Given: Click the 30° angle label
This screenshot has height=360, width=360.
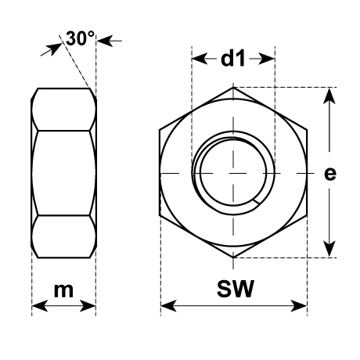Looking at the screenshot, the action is [x=80, y=38].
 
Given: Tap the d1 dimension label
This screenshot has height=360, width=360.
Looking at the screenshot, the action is [x=233, y=59].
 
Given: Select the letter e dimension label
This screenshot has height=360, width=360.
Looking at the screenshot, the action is [x=330, y=174].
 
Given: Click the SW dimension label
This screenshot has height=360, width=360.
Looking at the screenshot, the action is [x=236, y=289].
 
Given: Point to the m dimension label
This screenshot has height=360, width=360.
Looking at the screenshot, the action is [x=63, y=290].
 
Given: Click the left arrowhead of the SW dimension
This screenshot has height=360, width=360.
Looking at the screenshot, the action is [x=168, y=306].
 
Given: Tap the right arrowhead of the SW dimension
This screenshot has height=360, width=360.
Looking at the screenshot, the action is [x=299, y=306].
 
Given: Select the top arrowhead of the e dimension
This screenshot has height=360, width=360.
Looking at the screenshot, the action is [x=329, y=96].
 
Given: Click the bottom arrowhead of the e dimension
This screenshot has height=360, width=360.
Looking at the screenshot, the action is [x=329, y=249].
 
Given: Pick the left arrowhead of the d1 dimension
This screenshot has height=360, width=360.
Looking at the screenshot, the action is [x=200, y=59].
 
